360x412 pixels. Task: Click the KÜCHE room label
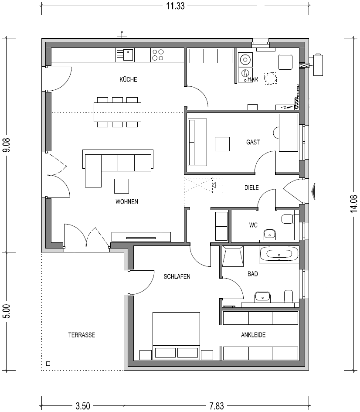click(x=129, y=79)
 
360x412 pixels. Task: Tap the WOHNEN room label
click(x=127, y=201)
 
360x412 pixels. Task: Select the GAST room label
click(x=253, y=142)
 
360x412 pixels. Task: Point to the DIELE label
click(x=251, y=187)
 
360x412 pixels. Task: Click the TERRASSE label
click(x=82, y=335)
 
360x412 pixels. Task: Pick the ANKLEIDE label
click(x=253, y=335)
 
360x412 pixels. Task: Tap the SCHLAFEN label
click(x=177, y=276)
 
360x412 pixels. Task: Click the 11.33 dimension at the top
click(x=175, y=6)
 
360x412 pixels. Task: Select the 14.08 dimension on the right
click(x=354, y=204)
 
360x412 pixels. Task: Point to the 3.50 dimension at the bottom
click(x=83, y=406)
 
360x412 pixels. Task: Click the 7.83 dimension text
click(x=217, y=406)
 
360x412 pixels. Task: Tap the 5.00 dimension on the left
click(x=6, y=311)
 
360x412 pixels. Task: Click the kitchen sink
click(x=125, y=55)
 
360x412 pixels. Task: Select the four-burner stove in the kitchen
click(x=158, y=55)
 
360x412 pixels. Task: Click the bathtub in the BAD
click(x=279, y=254)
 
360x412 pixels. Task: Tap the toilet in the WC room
click(x=288, y=219)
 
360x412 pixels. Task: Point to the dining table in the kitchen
click(x=117, y=112)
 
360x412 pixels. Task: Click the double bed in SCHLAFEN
click(x=176, y=336)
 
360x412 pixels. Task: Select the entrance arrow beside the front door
click(x=313, y=192)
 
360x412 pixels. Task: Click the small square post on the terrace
click(x=48, y=364)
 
